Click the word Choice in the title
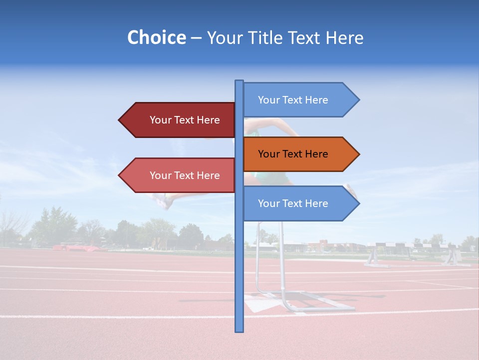[x=156, y=37]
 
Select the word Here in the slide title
[x=344, y=37]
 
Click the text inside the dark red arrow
[x=185, y=120]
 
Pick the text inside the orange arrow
[x=293, y=154]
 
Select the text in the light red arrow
[x=185, y=175]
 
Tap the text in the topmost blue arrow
[x=293, y=100]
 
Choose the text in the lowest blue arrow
[x=293, y=203]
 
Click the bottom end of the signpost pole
[x=239, y=330]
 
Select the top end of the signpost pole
[x=239, y=81]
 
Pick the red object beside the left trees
[x=75, y=247]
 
